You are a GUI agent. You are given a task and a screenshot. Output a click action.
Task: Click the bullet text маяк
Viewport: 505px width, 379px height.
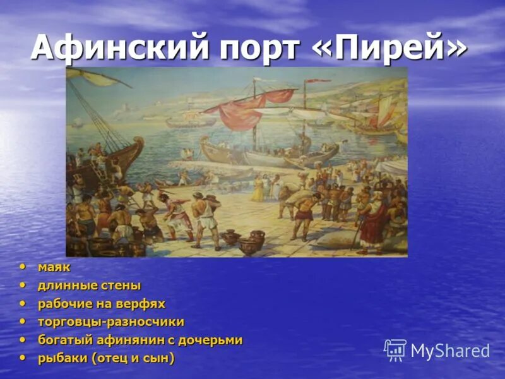[x=54, y=267]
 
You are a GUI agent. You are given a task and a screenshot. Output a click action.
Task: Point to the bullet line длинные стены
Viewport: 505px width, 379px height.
[x=89, y=286]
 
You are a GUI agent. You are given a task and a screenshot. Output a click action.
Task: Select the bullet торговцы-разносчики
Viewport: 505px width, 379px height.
[x=111, y=322]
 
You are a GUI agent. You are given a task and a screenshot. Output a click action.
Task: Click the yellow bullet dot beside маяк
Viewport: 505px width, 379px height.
[x=23, y=267]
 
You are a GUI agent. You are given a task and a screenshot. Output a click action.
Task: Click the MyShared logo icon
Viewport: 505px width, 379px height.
[x=395, y=350]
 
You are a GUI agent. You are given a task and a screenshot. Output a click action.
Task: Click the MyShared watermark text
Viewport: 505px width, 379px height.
[x=450, y=351]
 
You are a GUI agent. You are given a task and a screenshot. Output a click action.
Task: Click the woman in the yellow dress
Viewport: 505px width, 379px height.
[x=258, y=187]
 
